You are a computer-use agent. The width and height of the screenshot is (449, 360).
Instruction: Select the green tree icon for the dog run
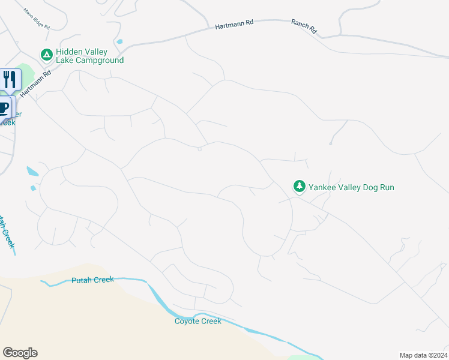[299, 187]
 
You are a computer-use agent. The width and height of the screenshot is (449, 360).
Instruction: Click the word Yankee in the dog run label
[322, 187]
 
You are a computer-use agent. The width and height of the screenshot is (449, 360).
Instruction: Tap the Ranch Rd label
[303, 26]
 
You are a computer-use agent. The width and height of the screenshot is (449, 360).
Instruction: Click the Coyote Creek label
[198, 321]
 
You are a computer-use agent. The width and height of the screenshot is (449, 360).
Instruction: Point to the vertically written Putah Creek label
[7, 231]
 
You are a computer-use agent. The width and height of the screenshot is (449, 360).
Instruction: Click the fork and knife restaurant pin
[10, 79]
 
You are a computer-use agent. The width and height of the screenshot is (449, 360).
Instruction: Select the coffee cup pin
[4, 107]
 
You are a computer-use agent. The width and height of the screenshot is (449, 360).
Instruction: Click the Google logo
[20, 353]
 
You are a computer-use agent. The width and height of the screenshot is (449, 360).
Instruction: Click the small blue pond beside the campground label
[120, 42]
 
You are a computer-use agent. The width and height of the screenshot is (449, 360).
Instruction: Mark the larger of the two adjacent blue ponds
[32, 172]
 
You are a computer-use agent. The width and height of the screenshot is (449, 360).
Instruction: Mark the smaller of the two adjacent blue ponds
[33, 188]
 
